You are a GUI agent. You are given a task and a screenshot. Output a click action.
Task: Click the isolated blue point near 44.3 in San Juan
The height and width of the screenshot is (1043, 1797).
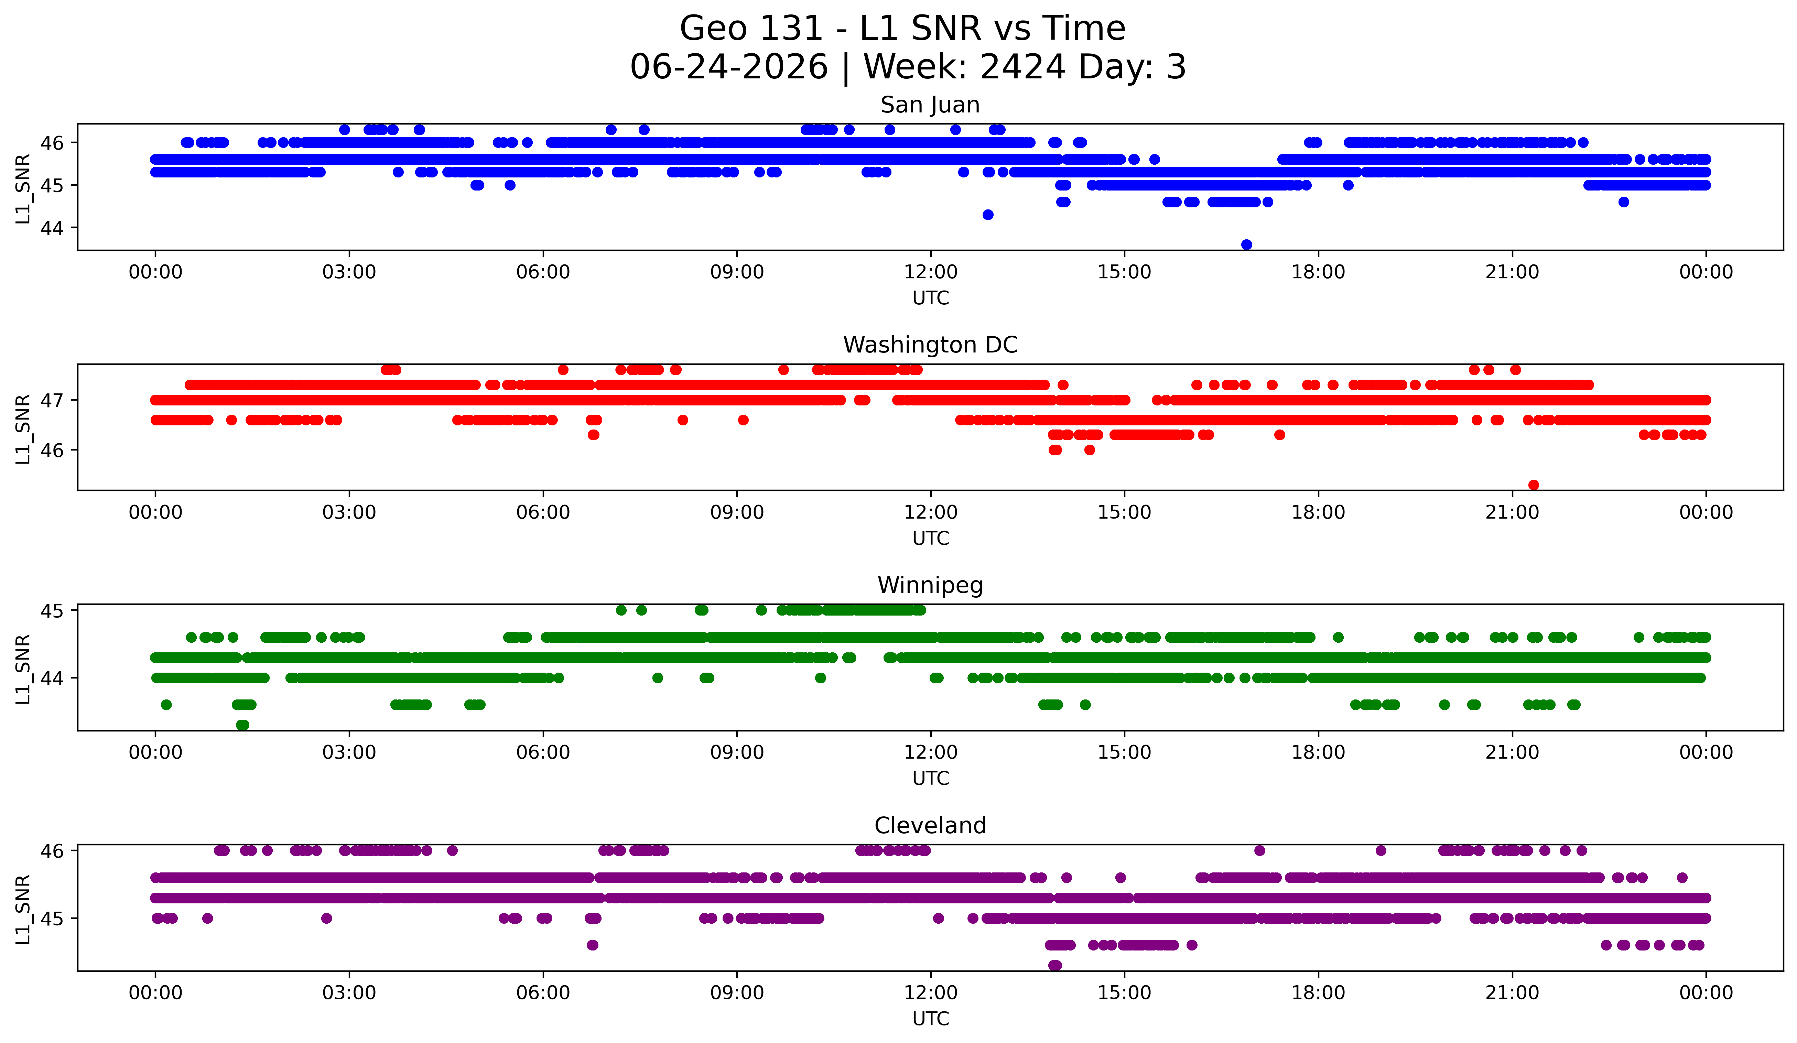pos(988,215)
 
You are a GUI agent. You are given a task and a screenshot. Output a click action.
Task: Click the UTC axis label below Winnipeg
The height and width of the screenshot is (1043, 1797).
pos(930,779)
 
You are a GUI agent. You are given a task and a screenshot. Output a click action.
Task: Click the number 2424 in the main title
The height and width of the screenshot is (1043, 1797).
pos(1023,67)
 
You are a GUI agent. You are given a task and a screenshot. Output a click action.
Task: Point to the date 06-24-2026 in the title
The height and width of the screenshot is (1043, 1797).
pos(729,67)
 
